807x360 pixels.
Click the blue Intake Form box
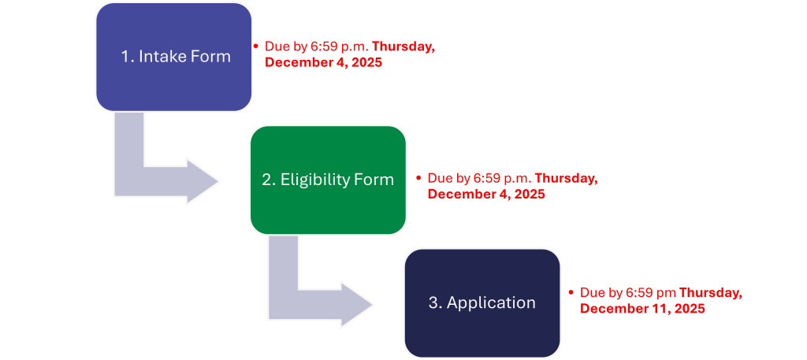[x=174, y=57]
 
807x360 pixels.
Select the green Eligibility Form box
[x=328, y=180]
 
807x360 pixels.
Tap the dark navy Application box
[x=482, y=303]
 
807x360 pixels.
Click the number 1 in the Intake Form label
[x=125, y=57]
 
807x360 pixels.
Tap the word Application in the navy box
[x=491, y=303]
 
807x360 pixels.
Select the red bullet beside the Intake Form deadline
[x=255, y=46]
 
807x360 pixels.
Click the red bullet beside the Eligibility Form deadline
[x=418, y=178]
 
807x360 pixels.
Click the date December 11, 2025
[x=642, y=309]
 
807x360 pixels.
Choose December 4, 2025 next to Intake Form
[x=323, y=62]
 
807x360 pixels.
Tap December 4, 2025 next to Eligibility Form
[x=486, y=194]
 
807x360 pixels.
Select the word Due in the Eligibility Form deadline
[x=439, y=179]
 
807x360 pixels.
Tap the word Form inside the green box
[x=374, y=180]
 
